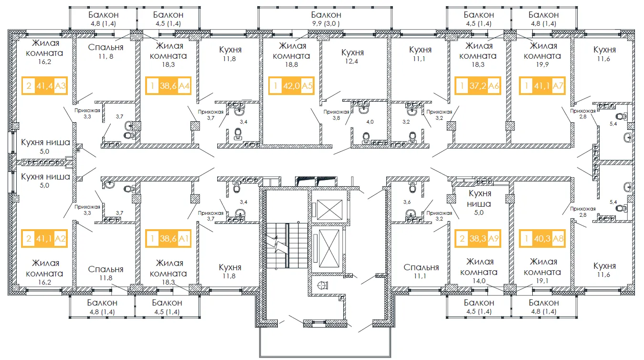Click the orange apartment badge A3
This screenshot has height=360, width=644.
[x=44, y=85]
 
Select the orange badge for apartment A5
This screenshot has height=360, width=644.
[x=291, y=85]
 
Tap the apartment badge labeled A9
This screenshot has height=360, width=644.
[x=478, y=238]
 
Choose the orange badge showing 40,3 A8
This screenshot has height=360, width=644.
[x=542, y=238]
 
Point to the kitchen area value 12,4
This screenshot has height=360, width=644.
[x=352, y=61]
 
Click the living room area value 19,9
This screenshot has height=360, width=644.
[x=542, y=64]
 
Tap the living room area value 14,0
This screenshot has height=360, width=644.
[x=479, y=281]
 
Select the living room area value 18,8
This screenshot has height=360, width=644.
[x=292, y=64]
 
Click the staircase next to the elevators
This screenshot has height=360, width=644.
[x=287, y=245]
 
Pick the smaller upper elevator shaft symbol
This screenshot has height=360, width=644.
[x=329, y=210]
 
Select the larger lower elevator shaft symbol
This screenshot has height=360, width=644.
[x=329, y=248]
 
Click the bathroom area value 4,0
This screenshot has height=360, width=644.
[x=370, y=122]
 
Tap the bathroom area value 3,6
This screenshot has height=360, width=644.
[x=407, y=202]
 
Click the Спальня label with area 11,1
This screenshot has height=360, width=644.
[x=421, y=267]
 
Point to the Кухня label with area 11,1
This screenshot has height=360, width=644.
[x=420, y=50]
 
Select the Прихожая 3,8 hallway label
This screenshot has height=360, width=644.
[x=336, y=115]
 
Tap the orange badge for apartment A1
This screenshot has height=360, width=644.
[x=168, y=238]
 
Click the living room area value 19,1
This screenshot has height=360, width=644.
[x=542, y=281]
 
